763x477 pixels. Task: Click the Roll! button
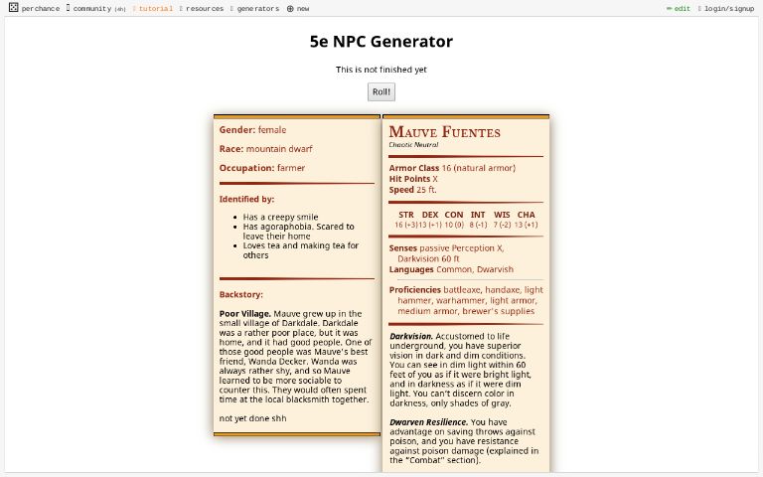(381, 92)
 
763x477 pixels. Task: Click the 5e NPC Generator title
(381, 42)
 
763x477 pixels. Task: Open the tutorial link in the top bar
(155, 8)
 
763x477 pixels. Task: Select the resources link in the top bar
(204, 8)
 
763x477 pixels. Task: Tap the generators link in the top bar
(257, 8)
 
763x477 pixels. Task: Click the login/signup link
(729, 8)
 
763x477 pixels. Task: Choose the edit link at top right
(682, 8)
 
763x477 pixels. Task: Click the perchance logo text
(40, 8)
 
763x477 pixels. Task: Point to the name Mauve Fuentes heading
(444, 132)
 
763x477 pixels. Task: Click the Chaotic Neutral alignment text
(413, 145)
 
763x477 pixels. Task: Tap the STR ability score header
(406, 215)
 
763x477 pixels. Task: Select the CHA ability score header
(526, 215)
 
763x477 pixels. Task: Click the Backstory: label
(241, 294)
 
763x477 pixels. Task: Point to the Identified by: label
(246, 199)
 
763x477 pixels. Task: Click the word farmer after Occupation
(291, 168)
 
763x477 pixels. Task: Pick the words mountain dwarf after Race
(279, 149)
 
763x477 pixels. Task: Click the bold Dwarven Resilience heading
(428, 421)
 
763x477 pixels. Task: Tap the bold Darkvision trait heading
(410, 336)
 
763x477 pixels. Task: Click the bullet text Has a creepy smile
(281, 217)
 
